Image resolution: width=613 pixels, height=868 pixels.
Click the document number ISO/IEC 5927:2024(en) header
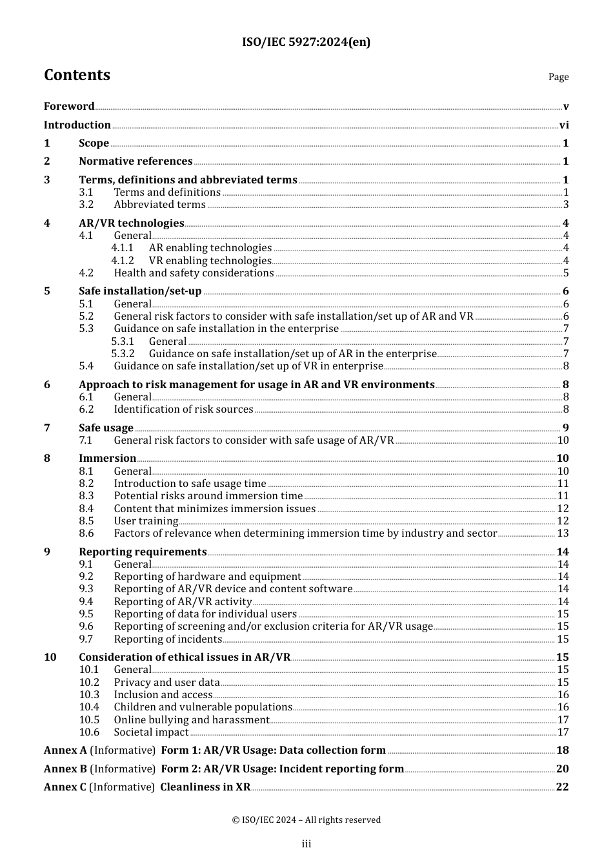[306, 43]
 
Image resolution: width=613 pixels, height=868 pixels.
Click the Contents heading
[77, 75]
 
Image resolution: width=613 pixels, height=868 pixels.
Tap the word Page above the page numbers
[558, 77]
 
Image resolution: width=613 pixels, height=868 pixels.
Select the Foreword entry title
[69, 107]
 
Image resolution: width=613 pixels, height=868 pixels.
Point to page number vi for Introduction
[564, 125]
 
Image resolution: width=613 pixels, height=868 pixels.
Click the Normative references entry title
[136, 161]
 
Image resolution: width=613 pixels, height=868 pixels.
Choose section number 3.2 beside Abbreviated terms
[86, 205]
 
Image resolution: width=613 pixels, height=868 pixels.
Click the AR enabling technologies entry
[210, 248]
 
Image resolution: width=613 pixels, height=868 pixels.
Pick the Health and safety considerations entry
[194, 273]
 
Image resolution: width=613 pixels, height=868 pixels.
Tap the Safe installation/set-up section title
[140, 291]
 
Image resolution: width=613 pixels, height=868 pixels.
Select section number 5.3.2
[123, 354]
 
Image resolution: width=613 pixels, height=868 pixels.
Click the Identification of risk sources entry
[183, 409]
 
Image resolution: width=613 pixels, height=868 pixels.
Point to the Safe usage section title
[106, 428]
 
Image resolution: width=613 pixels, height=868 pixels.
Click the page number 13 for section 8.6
[563, 533]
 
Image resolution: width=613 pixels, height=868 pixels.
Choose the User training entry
[146, 521]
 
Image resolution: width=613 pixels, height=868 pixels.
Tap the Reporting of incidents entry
[168, 639]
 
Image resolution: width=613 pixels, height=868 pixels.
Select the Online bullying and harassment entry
[192, 720]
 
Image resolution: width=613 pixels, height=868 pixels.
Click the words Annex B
[65, 769]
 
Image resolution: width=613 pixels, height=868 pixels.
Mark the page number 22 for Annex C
[563, 787]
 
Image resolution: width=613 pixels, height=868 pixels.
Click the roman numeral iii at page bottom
[306, 844]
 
